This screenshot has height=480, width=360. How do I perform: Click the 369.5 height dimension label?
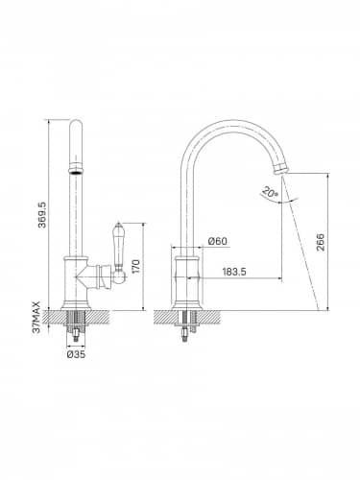(x=42, y=215)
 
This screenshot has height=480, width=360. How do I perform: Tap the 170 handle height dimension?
(x=136, y=266)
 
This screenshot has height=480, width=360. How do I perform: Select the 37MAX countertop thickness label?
(x=36, y=317)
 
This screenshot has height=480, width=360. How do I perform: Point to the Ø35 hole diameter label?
(x=76, y=354)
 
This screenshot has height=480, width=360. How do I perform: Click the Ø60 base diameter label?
(x=218, y=241)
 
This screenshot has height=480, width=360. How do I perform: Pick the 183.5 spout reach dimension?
(x=234, y=272)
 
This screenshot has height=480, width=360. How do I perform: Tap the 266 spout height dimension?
(x=321, y=242)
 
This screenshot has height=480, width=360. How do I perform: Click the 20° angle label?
(x=270, y=192)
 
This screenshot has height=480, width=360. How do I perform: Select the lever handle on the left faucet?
(x=118, y=246)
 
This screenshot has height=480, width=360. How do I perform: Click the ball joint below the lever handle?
(x=119, y=276)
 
